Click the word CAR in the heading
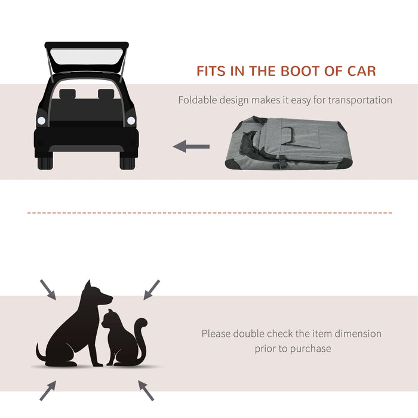click(x=361, y=71)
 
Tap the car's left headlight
click(x=41, y=121)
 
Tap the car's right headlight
click(x=131, y=121)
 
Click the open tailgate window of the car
click(x=87, y=58)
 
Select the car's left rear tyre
click(x=45, y=161)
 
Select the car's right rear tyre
click(x=127, y=161)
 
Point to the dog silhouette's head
click(x=99, y=294)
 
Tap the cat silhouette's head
click(x=109, y=321)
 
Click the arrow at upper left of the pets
click(x=49, y=290)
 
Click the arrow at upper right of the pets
click(x=152, y=289)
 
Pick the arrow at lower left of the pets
click(x=48, y=391)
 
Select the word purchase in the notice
click(x=311, y=348)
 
